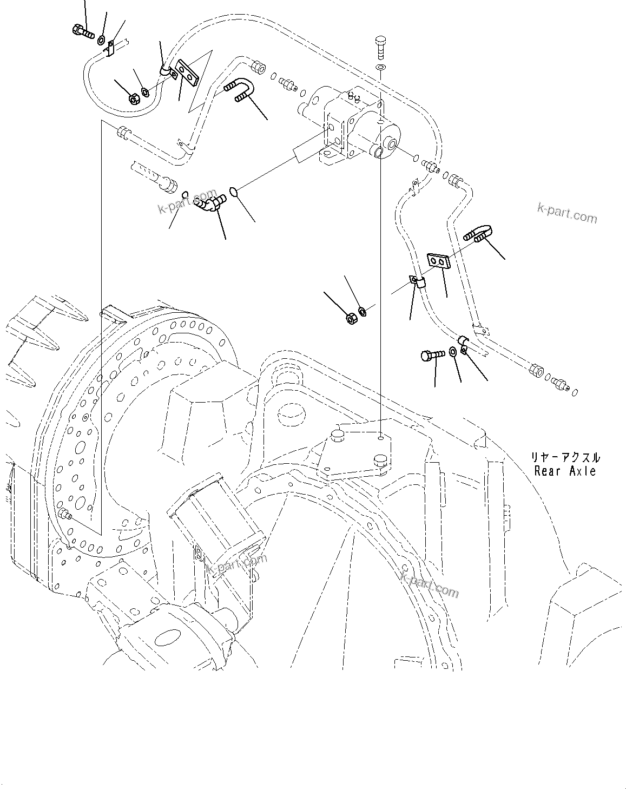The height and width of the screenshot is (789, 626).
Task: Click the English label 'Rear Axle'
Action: [565, 471]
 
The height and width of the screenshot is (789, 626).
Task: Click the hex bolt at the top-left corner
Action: [81, 31]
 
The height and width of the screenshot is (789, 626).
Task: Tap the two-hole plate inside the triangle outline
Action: [187, 73]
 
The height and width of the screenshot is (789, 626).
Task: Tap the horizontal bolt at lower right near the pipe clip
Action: [432, 355]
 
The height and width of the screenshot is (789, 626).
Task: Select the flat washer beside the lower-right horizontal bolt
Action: [452, 353]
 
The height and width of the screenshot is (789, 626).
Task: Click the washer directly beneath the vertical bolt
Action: [380, 67]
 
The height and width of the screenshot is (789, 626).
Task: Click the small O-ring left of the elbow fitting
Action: [184, 195]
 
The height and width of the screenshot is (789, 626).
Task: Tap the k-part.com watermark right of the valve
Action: [567, 214]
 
